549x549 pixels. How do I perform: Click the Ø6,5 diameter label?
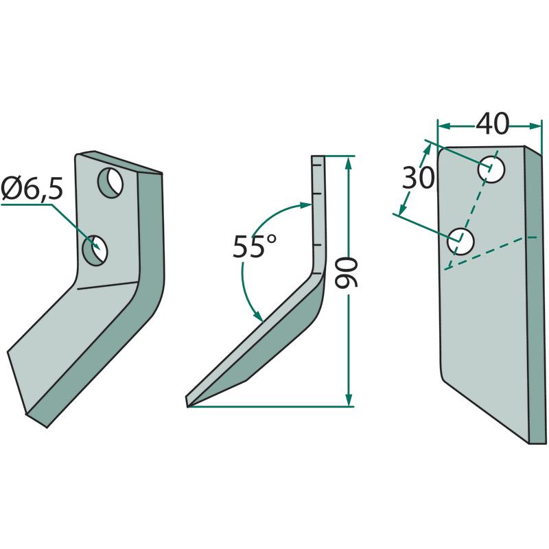pyautogui.click(x=32, y=189)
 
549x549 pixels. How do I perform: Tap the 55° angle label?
pyautogui.click(x=255, y=246)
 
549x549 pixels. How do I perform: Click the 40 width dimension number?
pyautogui.click(x=492, y=124)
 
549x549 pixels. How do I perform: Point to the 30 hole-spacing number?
pyautogui.click(x=418, y=178)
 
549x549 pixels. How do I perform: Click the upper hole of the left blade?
pyautogui.click(x=110, y=183)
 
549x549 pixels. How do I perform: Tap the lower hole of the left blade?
pyautogui.click(x=95, y=250)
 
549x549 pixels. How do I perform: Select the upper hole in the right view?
pyautogui.click(x=491, y=170)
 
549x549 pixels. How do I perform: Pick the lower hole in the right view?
pyautogui.click(x=460, y=242)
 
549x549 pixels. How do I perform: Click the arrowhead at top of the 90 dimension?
pyautogui.click(x=348, y=163)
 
